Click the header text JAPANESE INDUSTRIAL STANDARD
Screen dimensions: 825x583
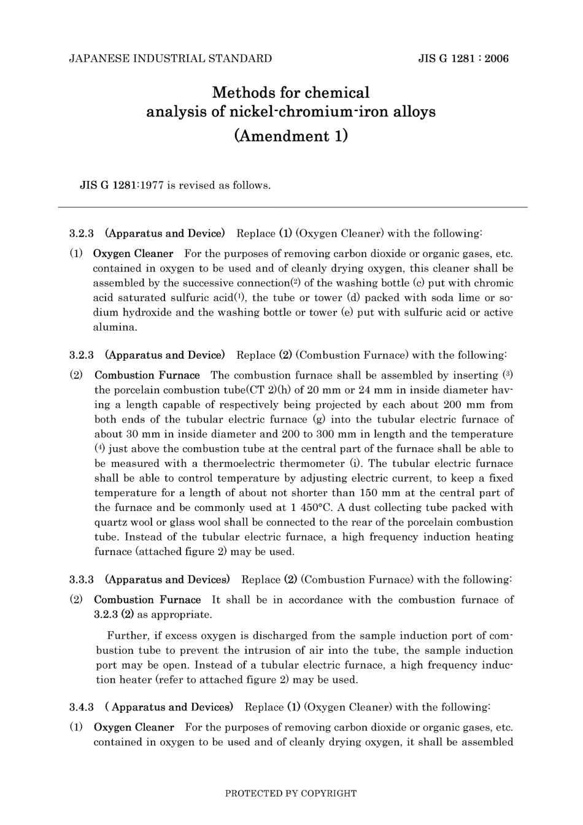170,59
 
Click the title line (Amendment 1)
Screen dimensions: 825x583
291,136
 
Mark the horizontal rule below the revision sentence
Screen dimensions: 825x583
292,207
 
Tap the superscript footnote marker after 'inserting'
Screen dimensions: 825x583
507,374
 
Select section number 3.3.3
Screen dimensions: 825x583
81,580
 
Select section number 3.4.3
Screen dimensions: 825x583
81,707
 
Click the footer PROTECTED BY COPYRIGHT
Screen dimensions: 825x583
291,793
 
